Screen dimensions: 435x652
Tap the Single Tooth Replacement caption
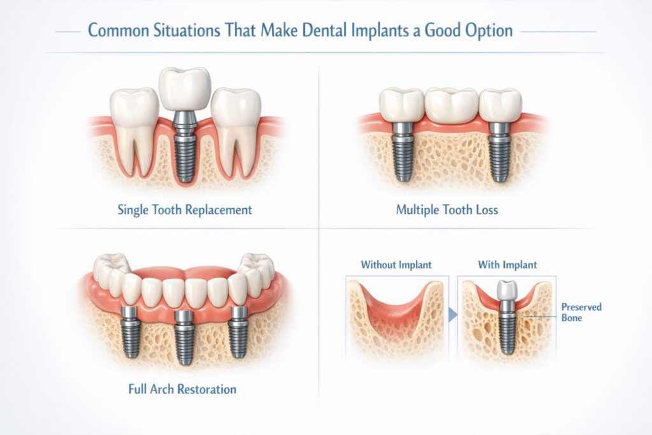185,210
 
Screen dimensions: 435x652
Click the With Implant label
507,264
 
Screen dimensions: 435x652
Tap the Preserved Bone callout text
581,312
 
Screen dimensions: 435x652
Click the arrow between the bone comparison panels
453,313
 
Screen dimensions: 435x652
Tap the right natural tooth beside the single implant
236,127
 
